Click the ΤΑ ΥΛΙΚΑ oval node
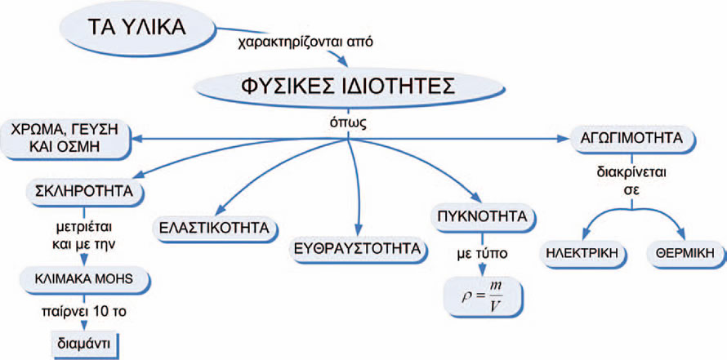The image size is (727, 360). pos(137,28)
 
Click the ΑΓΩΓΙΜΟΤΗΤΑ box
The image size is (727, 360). pos(631,138)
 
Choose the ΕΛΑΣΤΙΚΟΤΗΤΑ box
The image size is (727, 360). pos(214,228)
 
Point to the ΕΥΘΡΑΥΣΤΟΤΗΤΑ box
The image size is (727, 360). pos(358,248)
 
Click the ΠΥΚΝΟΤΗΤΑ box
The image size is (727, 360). pos(481,217)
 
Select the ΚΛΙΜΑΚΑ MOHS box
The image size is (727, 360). pos(84,279)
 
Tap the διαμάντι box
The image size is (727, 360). pos(84,344)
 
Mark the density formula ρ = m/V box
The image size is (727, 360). pos(483,296)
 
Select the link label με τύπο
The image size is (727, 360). pos(482,254)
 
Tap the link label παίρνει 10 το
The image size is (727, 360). pos(83,313)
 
